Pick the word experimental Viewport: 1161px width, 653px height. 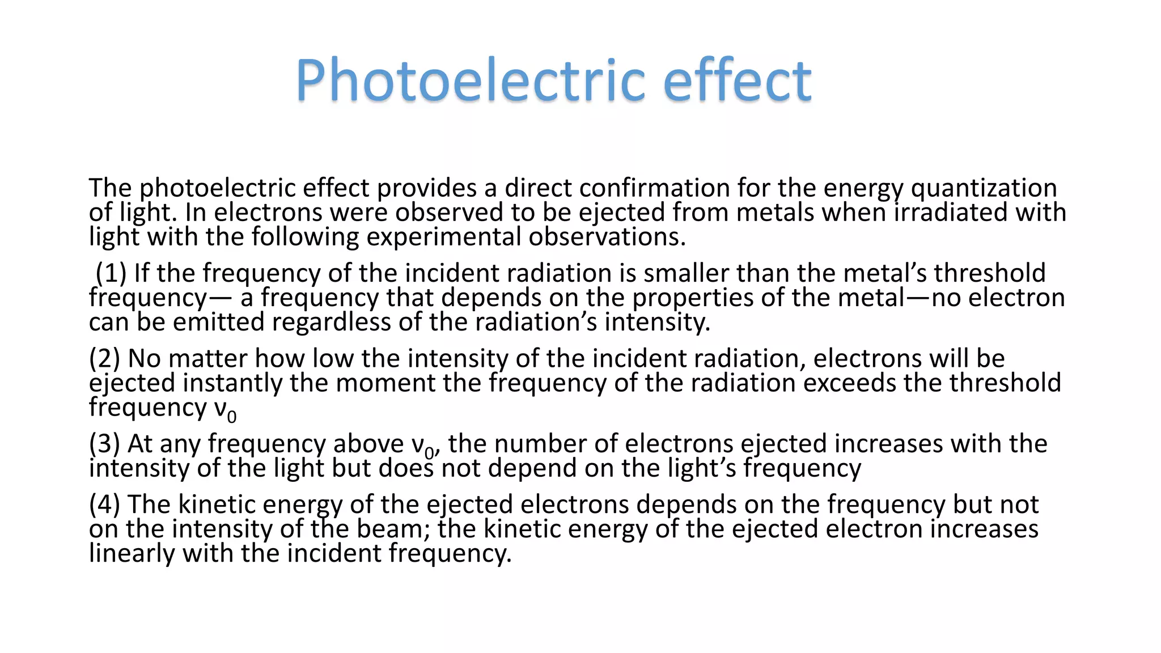pyautogui.click(x=443, y=237)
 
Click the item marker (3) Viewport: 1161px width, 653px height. pyautogui.click(x=105, y=444)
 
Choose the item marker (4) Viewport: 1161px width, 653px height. pyautogui.click(x=105, y=504)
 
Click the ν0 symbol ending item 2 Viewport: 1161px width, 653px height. pyautogui.click(x=225, y=409)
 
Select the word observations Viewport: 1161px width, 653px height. pyautogui.click(x=607, y=237)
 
